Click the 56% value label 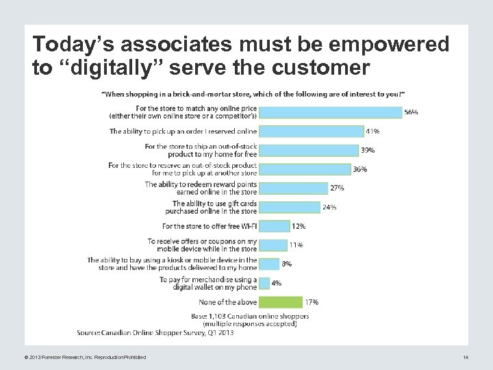tap(411, 112)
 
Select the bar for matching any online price tap(331, 112)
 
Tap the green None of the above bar tap(281, 301)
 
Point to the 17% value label tap(312, 301)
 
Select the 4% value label tap(276, 282)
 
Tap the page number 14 tap(465, 358)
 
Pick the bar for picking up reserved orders tap(312, 131)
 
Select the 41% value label tap(373, 131)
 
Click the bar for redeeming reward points tap(294, 188)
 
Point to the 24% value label tap(329, 207)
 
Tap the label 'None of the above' tap(227, 301)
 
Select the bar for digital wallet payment tap(264, 282)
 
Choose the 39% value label tap(368, 150)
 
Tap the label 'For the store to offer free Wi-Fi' tap(210, 225)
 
